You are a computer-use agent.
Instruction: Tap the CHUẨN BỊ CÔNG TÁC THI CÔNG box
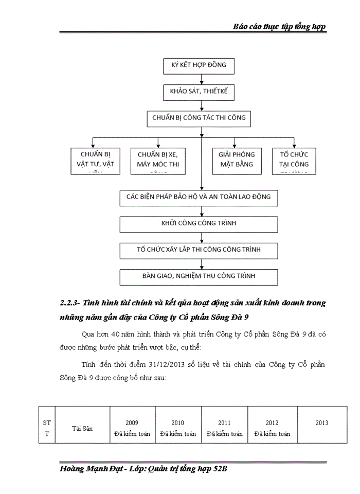[199, 118]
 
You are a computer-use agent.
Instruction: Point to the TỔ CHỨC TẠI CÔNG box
[294, 160]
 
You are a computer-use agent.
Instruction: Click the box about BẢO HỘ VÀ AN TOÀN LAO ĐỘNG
[199, 197]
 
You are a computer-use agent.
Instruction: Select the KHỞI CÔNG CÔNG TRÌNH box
[199, 224]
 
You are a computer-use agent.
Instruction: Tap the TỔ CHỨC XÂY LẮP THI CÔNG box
[199, 250]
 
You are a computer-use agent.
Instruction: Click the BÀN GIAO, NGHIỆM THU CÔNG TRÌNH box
[199, 276]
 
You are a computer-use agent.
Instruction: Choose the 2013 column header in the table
[322, 423]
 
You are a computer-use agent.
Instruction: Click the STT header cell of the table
[47, 428]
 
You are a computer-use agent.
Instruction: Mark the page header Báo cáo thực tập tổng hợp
[279, 26]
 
